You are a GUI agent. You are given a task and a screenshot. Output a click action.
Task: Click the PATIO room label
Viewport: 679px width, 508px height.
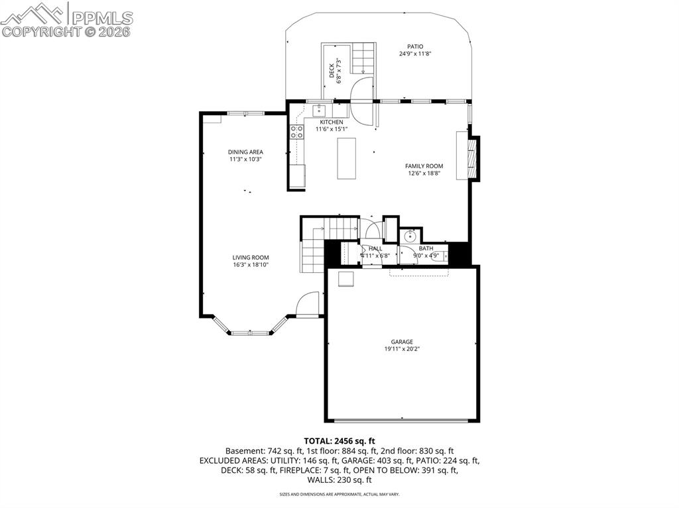[415, 46]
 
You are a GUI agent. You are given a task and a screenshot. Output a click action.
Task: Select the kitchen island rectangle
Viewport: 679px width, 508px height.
[347, 158]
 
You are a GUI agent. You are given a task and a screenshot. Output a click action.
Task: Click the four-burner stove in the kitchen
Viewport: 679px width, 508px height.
[296, 131]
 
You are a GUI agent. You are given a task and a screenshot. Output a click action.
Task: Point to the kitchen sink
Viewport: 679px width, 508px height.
[320, 110]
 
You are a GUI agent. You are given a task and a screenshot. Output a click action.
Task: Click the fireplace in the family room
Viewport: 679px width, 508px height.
[466, 156]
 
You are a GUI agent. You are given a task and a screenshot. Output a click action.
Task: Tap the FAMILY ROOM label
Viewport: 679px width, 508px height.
[424, 166]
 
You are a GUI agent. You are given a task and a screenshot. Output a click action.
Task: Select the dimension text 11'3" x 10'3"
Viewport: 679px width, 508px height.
[246, 160]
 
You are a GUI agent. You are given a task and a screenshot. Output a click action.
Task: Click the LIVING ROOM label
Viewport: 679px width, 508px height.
[251, 258]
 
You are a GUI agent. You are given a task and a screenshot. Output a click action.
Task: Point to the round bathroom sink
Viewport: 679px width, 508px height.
[410, 236]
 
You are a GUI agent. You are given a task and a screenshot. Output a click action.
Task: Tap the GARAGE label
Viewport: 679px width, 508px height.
[402, 342]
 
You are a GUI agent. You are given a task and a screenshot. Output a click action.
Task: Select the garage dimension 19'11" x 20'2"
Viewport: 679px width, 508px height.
[402, 349]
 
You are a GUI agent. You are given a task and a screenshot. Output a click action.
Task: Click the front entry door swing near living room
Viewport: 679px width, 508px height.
[308, 305]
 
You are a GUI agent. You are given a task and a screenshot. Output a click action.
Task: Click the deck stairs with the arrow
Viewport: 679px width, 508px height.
[363, 58]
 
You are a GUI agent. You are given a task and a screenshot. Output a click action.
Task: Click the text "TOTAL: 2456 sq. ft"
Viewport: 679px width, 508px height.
[339, 440]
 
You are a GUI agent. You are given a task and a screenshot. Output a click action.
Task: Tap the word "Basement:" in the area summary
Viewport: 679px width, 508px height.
[243, 450]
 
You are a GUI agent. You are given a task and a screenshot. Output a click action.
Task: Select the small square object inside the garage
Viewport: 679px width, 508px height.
[346, 279]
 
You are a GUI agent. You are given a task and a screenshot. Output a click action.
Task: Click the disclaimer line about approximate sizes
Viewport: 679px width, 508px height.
[339, 494]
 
